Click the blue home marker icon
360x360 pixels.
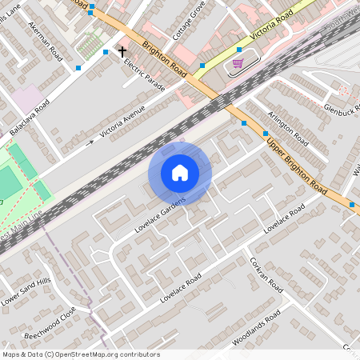pos(180,173)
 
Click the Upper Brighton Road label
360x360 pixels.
pos(297,167)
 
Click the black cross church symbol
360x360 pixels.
pos(122,52)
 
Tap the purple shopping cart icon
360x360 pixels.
pos(238,62)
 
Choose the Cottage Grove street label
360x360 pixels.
pos(190,22)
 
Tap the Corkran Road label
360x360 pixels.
pos(266,274)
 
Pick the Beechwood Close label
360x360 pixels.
pos(50,322)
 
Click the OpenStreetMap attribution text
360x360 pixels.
pos(80,354)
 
